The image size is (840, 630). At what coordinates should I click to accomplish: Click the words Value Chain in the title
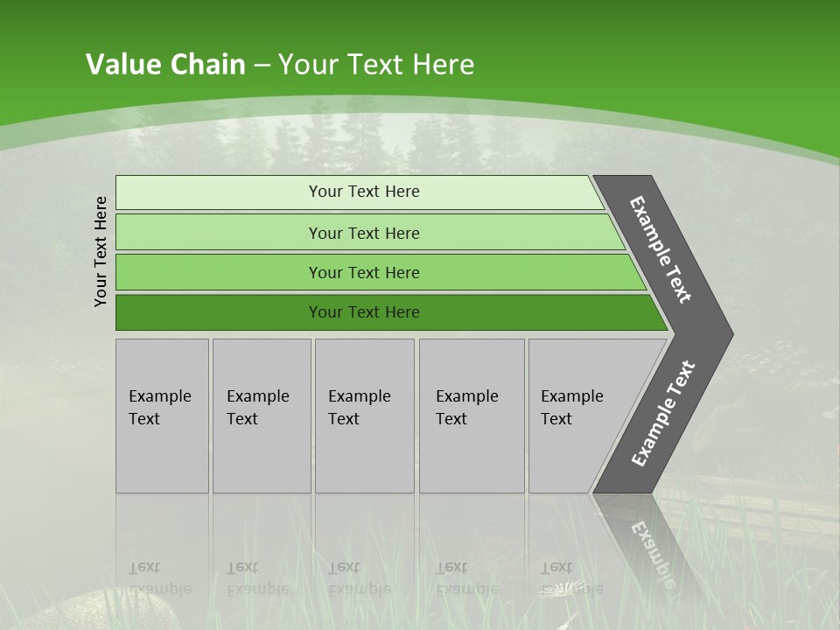pos(165,65)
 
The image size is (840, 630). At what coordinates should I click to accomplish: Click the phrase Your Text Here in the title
pos(376,65)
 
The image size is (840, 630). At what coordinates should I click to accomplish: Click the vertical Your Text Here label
pos(101,251)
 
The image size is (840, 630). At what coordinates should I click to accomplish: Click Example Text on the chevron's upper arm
pos(661,250)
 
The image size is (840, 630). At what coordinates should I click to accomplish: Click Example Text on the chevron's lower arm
pos(662,413)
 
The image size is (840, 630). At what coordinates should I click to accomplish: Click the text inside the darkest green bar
pos(364,312)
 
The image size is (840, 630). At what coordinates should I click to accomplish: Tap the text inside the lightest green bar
pos(364,192)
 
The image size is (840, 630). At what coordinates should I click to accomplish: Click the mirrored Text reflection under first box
pos(144,567)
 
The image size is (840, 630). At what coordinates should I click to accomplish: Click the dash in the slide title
pos(262,66)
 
